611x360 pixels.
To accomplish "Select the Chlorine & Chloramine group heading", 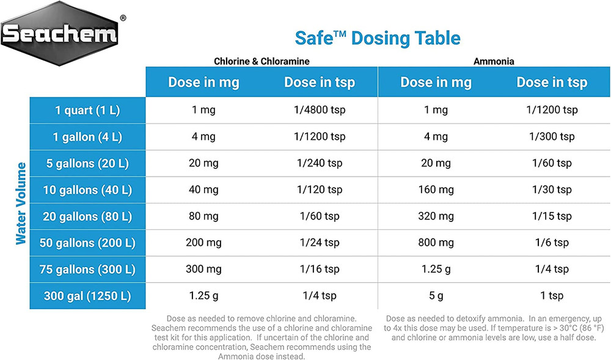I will (x=262, y=61).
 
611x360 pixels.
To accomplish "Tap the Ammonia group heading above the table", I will (x=494, y=61).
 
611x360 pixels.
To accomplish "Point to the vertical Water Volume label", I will (x=21, y=204).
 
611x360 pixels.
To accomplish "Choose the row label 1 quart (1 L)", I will (x=87, y=111).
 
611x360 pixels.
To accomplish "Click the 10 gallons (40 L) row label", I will (x=87, y=190).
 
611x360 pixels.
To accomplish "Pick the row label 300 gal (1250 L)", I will (x=87, y=296).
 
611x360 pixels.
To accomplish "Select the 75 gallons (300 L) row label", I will (x=87, y=270).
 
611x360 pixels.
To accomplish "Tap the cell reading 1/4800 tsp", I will (x=320, y=111).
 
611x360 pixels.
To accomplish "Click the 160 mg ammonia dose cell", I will (x=436, y=190).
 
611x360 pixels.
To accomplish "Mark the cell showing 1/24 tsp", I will (x=320, y=243).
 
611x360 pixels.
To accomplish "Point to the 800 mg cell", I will (x=436, y=243).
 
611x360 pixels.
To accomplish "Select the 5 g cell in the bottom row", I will (x=436, y=296).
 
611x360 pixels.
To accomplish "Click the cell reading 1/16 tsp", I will (x=320, y=270).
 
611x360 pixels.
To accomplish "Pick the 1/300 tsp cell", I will (x=552, y=137).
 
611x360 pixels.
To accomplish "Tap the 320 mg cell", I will (x=436, y=216).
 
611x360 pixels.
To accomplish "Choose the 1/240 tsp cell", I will (x=320, y=163).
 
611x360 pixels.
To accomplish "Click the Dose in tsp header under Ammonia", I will (x=552, y=83).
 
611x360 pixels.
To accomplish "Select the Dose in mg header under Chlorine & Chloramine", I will (x=203, y=83).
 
